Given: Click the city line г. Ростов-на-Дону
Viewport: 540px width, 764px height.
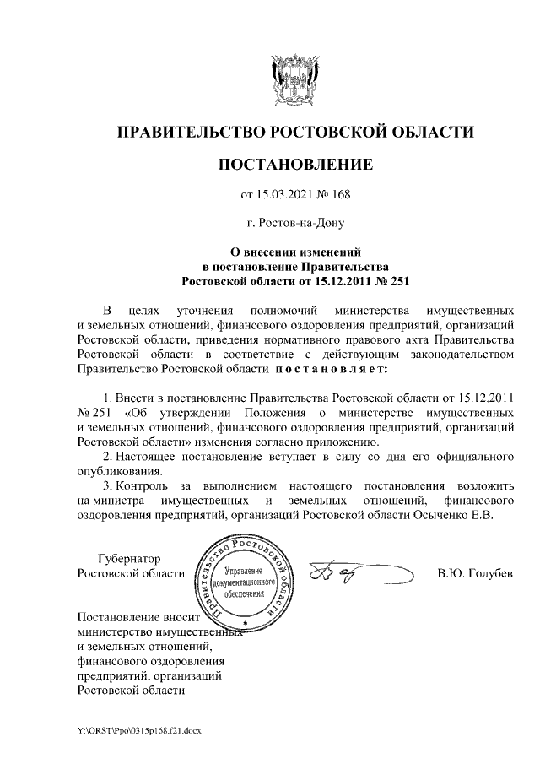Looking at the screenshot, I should coord(294,224).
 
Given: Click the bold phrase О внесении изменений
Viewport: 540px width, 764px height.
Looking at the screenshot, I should coord(294,252).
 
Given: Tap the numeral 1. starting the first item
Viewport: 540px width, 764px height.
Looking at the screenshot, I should coord(105,397).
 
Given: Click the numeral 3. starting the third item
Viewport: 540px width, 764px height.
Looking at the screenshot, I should coord(105,486).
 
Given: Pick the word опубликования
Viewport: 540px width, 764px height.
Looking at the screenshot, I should coord(116,471).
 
